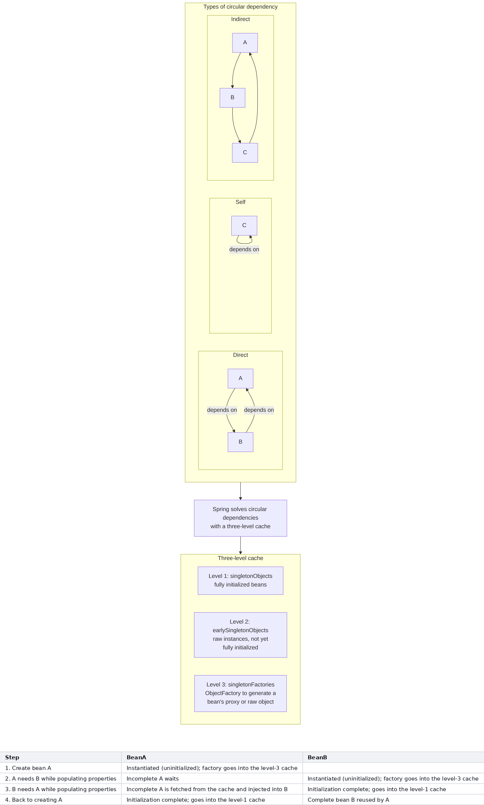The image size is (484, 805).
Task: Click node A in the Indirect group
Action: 245,43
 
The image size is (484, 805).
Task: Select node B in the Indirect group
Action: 232,98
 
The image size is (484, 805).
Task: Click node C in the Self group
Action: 244,226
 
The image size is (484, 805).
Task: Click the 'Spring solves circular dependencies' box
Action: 240,518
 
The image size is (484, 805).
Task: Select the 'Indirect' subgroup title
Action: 240,19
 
